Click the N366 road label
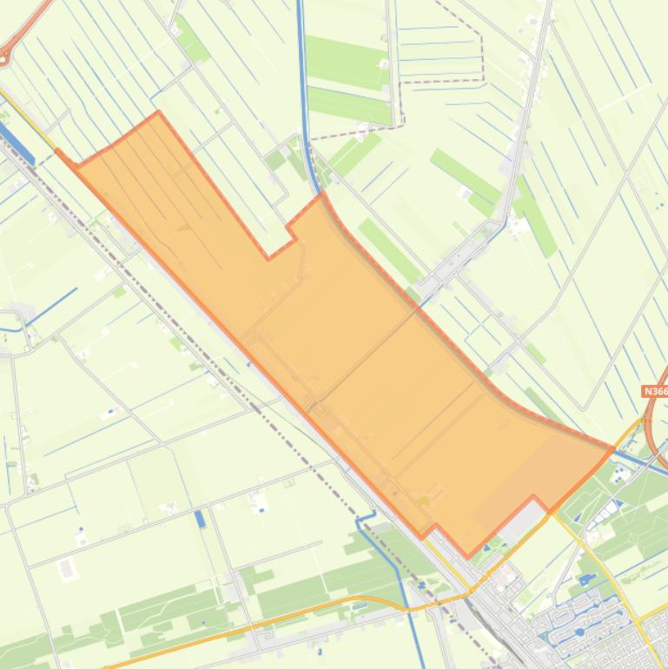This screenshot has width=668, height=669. coord(655,392)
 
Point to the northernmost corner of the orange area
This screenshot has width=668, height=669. coord(157,113)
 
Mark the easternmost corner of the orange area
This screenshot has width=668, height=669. coord(613,448)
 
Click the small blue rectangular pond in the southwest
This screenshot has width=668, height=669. coord(201,519)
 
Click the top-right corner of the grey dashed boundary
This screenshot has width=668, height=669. coord(481,36)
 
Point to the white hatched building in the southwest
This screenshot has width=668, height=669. coord(67,570)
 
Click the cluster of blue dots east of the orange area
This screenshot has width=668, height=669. coord(620,474)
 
